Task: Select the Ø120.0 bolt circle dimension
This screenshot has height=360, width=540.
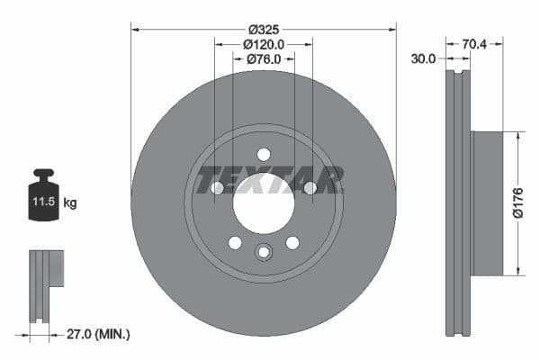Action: (264, 43)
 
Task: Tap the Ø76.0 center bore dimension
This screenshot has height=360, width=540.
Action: (264, 59)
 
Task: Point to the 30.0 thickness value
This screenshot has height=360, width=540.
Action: (423, 58)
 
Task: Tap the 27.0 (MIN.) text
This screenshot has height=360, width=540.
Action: (100, 334)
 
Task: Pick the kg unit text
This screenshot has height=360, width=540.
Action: (70, 203)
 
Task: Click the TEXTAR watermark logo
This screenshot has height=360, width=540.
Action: (269, 179)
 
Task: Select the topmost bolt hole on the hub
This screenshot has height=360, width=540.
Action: (264, 154)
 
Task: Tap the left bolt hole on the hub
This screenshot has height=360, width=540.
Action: (217, 188)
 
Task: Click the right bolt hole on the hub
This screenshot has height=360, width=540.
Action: (310, 188)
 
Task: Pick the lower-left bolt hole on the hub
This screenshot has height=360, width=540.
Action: (235, 243)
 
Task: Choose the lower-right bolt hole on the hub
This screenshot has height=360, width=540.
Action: (292, 243)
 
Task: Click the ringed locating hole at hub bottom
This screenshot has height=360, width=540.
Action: (264, 251)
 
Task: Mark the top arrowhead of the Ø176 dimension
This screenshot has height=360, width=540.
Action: (518, 135)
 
